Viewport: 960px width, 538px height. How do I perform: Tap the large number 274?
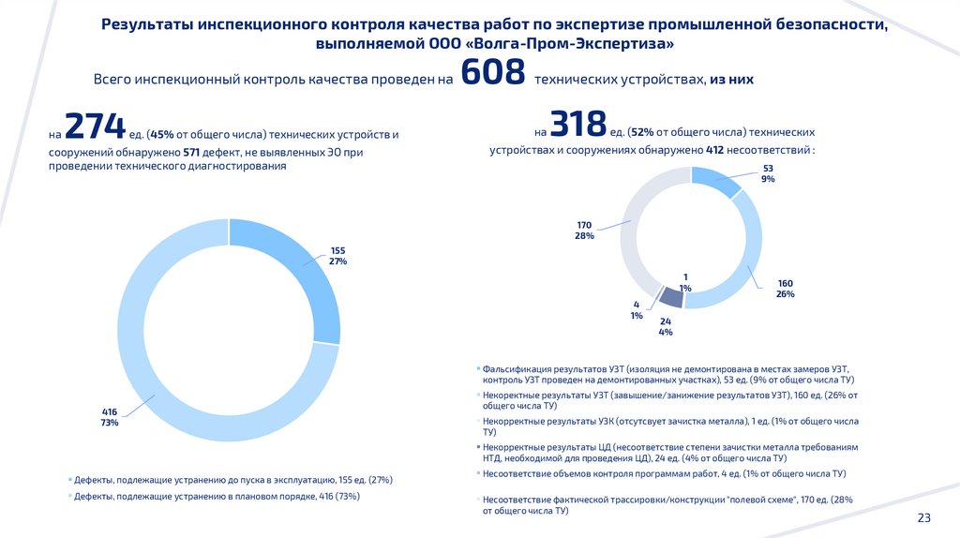(95, 127)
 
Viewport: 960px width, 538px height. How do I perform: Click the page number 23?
(923, 518)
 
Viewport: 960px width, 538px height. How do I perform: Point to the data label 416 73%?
(110, 417)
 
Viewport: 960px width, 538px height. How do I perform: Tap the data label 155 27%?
(337, 256)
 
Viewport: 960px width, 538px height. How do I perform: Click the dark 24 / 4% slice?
(670, 297)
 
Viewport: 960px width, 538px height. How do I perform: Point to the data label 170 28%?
(584, 231)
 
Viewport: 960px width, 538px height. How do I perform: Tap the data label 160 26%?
(785, 289)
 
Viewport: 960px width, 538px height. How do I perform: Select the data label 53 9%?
(768, 172)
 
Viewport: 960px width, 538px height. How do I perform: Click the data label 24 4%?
(666, 326)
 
